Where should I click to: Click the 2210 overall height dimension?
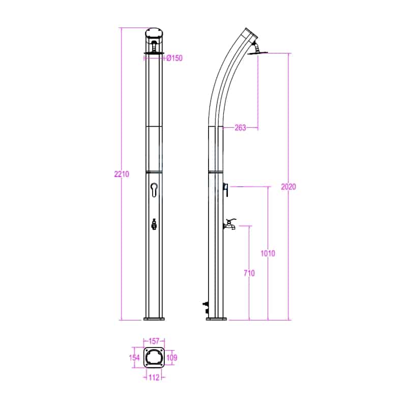coord(122,174)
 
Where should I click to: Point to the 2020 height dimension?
coord(288,187)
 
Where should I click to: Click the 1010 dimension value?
coord(268,254)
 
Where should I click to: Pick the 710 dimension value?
coord(249,273)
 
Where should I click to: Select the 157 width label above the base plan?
coord(154,341)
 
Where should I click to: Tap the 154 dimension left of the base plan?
coord(134,358)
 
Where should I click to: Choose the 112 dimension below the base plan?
coord(154,377)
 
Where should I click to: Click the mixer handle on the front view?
coord(154,190)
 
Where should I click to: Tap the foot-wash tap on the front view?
coord(154,224)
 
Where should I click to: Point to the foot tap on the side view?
coord(230,224)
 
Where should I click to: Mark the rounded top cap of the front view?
coord(154,35)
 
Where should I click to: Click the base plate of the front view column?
coord(154,319)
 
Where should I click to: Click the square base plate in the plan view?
coord(154,358)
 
